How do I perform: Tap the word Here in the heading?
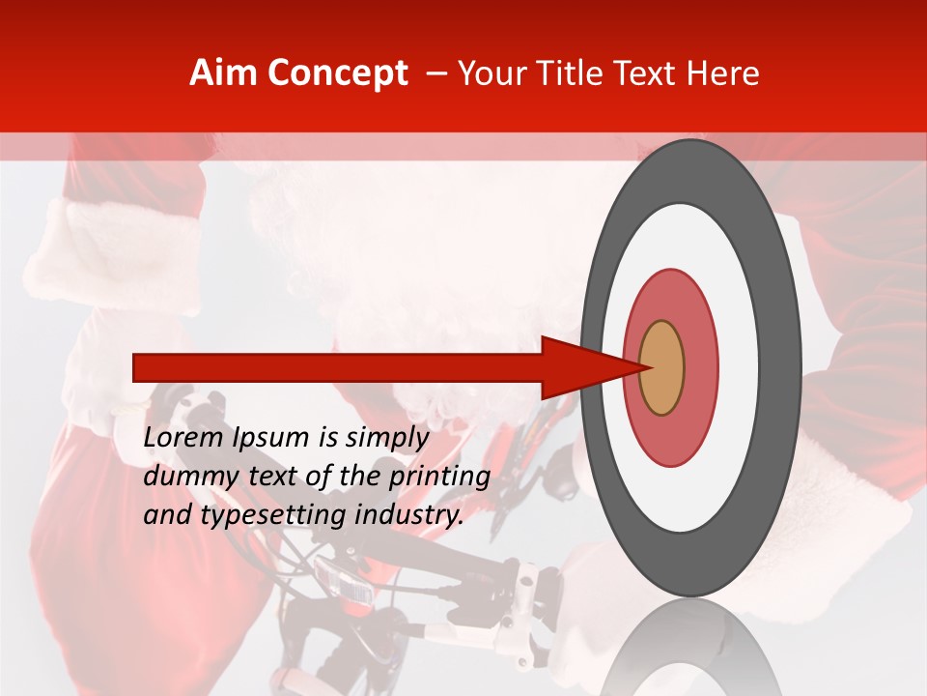724,73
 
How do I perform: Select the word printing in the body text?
439,477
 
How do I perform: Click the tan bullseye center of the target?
662,367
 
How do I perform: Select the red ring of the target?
700,367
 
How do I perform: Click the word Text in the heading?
647,73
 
